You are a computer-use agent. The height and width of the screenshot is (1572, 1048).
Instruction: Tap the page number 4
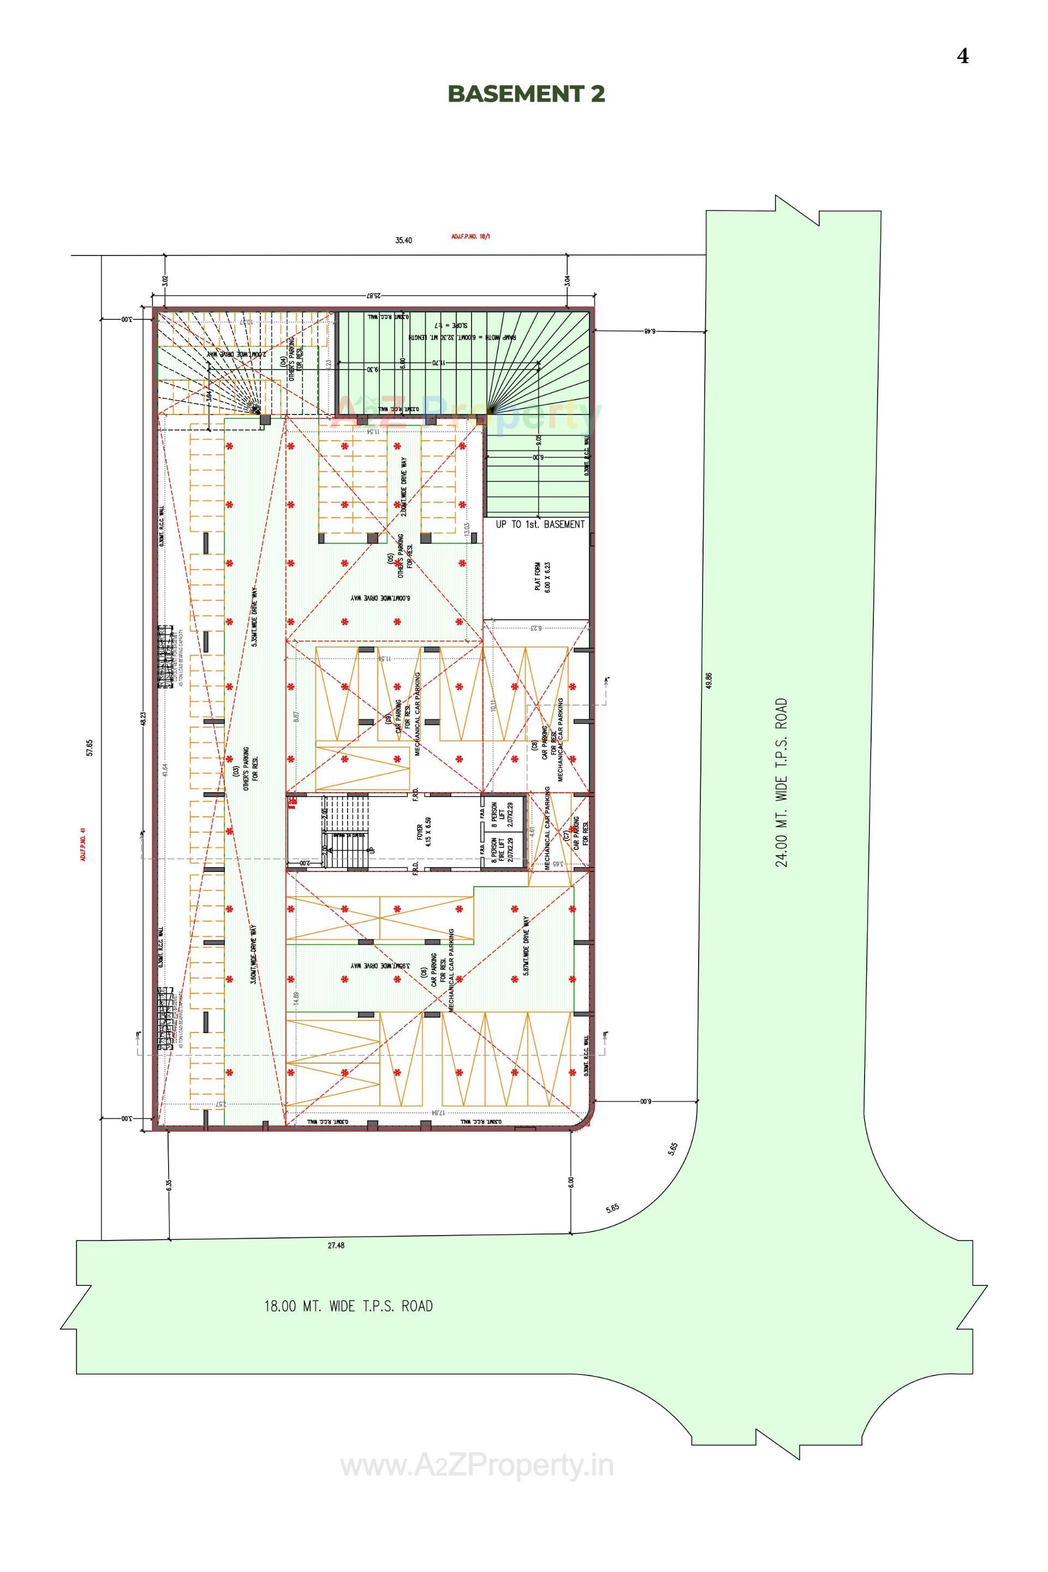[962, 56]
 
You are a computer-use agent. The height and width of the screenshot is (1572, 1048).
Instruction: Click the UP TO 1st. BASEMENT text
[540, 524]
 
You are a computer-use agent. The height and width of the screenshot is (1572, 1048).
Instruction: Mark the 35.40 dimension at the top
[404, 241]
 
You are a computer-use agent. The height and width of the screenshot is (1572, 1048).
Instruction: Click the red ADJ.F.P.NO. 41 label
[84, 844]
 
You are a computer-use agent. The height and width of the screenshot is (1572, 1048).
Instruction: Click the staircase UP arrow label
[372, 851]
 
